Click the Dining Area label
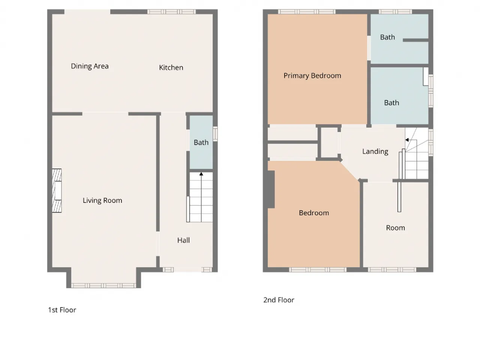click(x=90, y=66)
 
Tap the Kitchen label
click(x=171, y=67)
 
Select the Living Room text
click(x=102, y=200)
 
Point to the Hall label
click(x=183, y=240)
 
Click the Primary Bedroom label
click(x=312, y=76)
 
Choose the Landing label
click(x=375, y=151)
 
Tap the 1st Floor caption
click(x=62, y=310)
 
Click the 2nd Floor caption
click(x=279, y=300)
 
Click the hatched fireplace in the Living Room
click(x=57, y=190)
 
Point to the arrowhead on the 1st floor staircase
click(x=201, y=174)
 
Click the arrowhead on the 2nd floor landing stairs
click(x=407, y=139)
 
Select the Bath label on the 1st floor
click(x=201, y=142)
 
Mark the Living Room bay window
click(x=103, y=285)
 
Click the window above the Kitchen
click(x=171, y=12)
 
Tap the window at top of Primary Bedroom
click(x=307, y=12)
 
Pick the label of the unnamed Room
click(x=395, y=228)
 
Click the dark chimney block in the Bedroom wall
click(x=271, y=189)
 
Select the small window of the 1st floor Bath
click(x=215, y=133)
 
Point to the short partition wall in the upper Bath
click(x=415, y=40)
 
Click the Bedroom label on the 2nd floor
click(x=314, y=213)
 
